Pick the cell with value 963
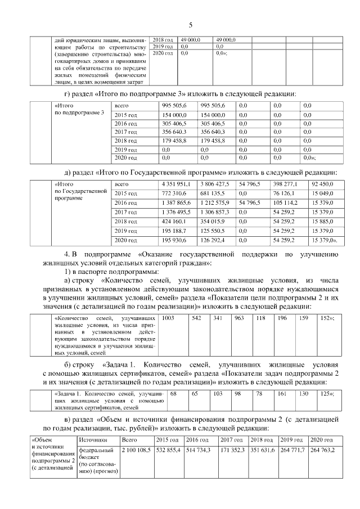(x=239, y=318)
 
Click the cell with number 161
(x=282, y=394)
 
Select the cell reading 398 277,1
(x=285, y=184)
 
